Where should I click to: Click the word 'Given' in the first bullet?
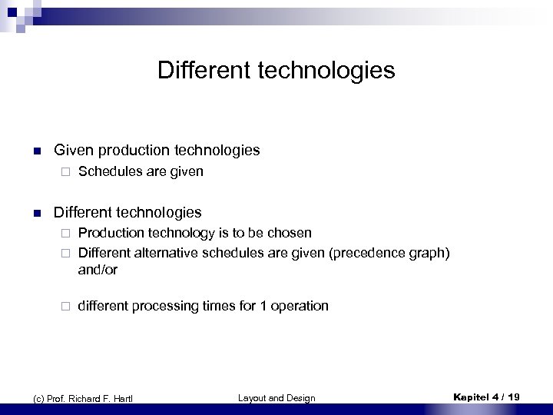coord(72,151)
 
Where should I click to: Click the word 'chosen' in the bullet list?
coord(290,232)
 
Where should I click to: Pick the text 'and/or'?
coord(97,271)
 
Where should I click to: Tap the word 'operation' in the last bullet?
coord(300,306)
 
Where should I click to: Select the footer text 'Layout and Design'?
coord(276,397)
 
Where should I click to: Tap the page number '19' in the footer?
coord(512,397)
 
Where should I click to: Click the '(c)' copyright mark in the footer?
coord(31,397)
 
